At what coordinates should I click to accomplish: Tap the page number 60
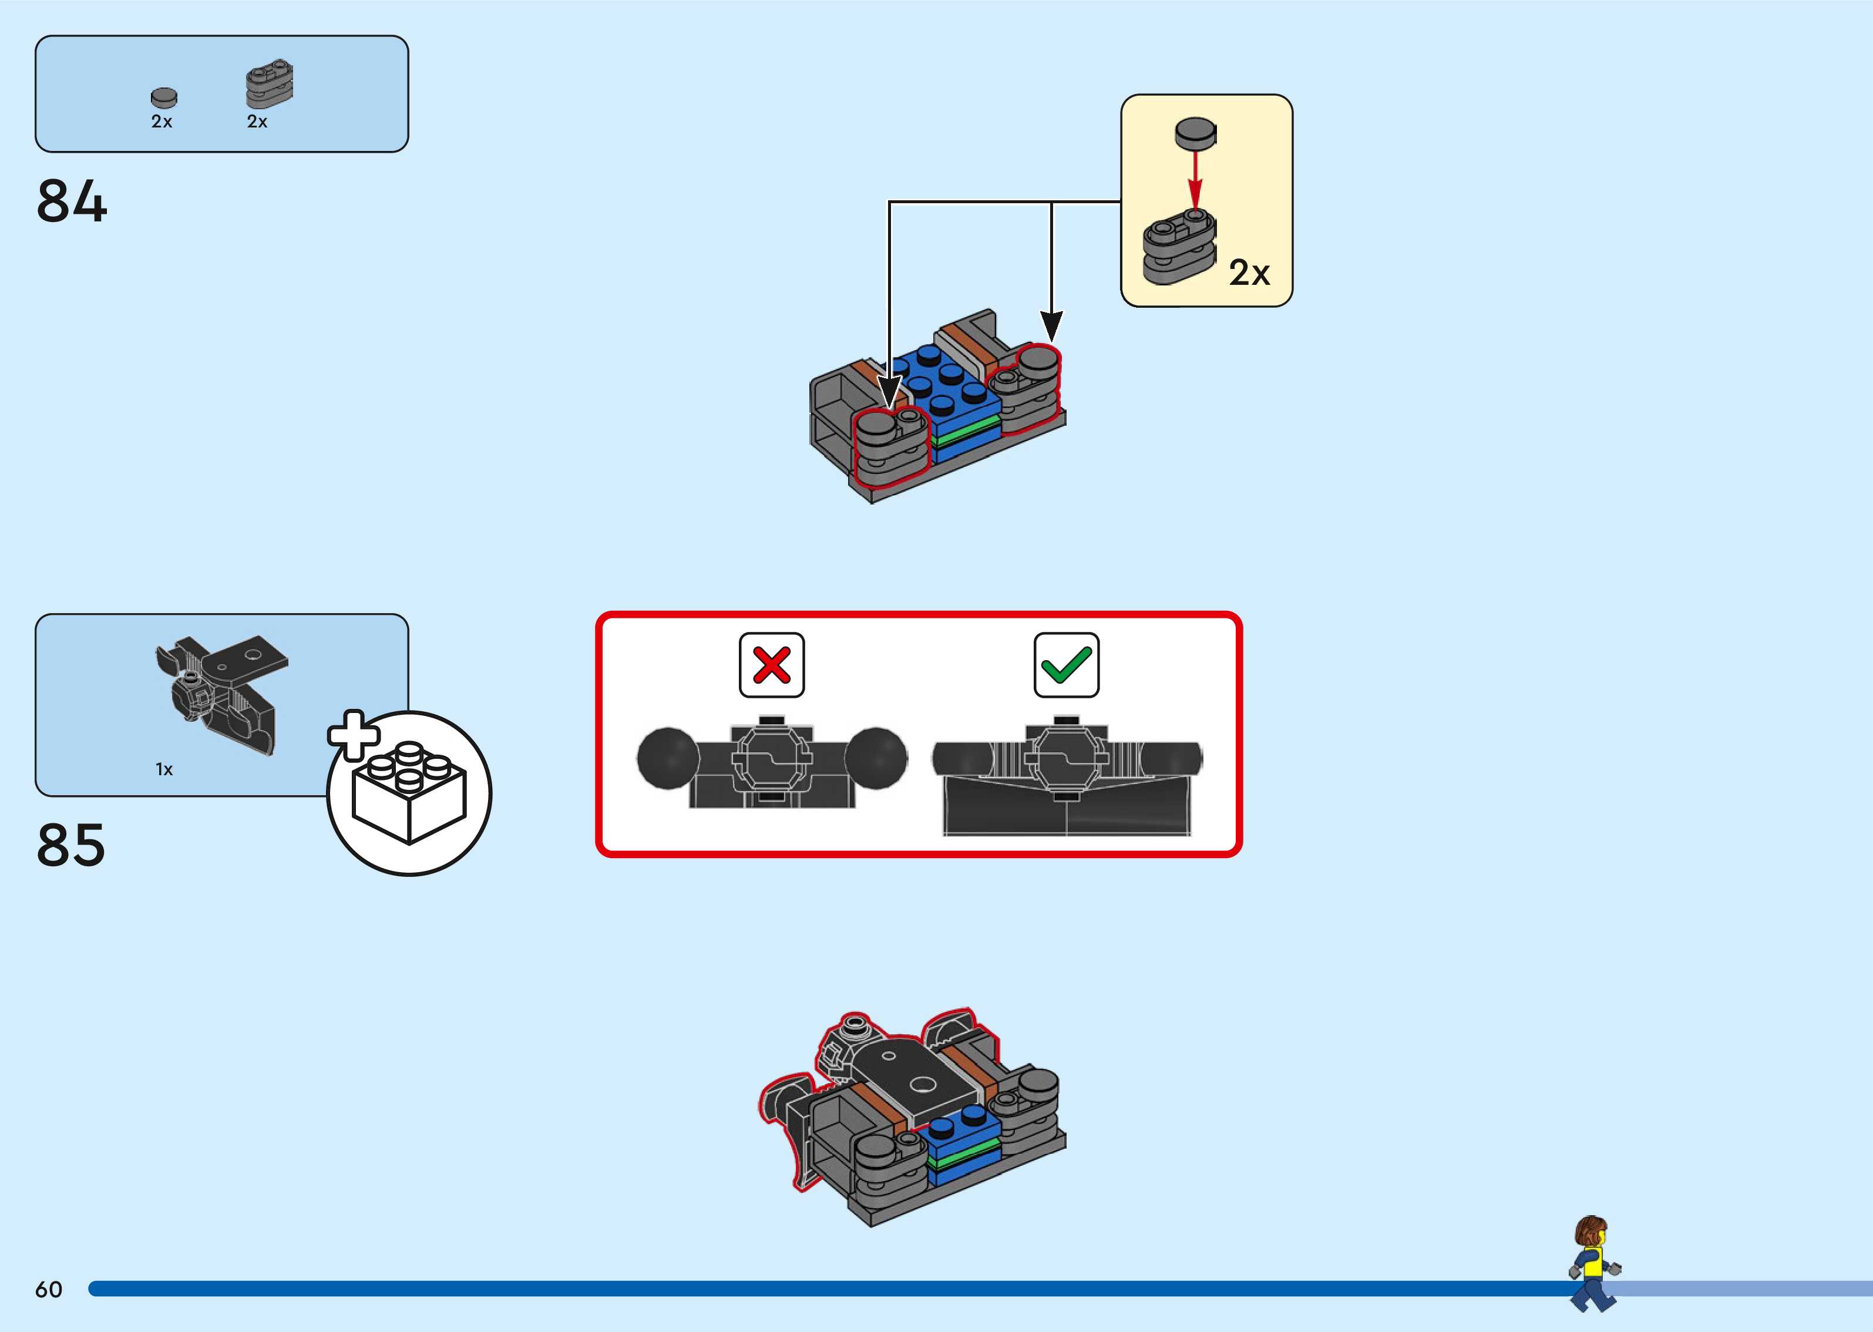(x=48, y=1289)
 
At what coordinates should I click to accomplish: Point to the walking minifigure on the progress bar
(x=1592, y=1263)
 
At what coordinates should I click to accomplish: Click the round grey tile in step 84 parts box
(x=164, y=97)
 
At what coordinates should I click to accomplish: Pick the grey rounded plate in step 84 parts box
(x=269, y=83)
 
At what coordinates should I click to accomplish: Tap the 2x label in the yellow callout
(x=1248, y=273)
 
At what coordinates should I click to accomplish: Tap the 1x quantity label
(x=164, y=769)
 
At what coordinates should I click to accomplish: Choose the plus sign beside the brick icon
(x=354, y=734)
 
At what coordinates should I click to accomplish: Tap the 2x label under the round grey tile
(x=162, y=122)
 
